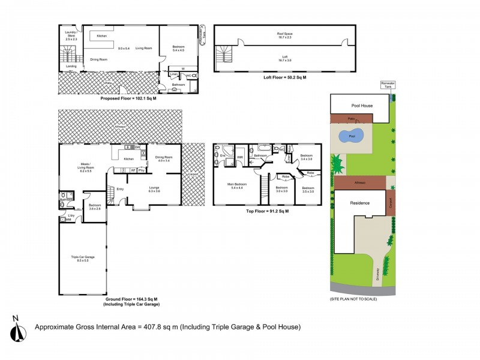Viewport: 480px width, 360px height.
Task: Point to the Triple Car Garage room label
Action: [82, 259]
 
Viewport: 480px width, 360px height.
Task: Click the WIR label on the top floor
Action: [239, 158]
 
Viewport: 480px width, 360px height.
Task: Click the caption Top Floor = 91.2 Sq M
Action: [267, 211]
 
